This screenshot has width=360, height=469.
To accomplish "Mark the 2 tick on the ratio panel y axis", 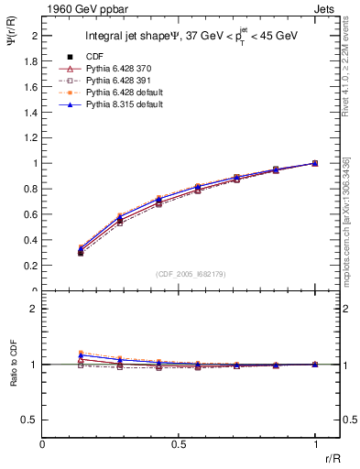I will [35, 309].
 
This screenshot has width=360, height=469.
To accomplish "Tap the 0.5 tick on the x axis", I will [179, 442].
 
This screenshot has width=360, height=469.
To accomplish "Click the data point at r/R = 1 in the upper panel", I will [315, 163].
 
